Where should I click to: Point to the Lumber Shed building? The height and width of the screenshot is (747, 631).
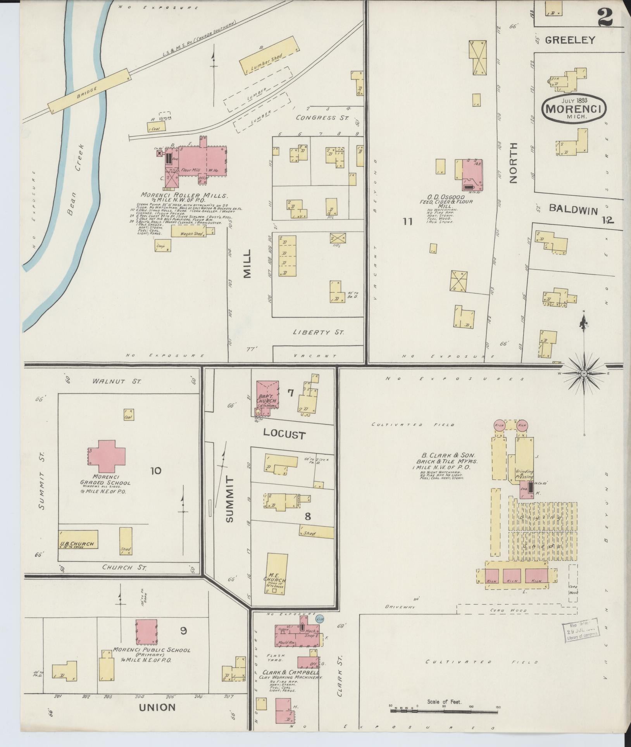click(269, 55)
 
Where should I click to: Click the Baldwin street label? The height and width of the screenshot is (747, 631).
click(573, 210)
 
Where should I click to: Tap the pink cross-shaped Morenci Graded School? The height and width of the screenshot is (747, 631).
click(105, 453)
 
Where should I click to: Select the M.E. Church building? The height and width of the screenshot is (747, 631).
click(276, 576)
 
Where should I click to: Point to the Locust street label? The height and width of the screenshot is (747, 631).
click(284, 435)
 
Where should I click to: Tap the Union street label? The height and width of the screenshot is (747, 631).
click(157, 707)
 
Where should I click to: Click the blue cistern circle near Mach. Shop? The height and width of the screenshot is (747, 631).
click(319, 618)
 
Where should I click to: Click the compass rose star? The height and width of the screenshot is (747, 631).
click(583, 373)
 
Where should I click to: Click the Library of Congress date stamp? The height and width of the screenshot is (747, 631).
click(579, 631)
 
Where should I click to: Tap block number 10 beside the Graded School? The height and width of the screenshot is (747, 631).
click(155, 471)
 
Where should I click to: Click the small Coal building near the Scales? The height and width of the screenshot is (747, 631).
click(156, 126)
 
